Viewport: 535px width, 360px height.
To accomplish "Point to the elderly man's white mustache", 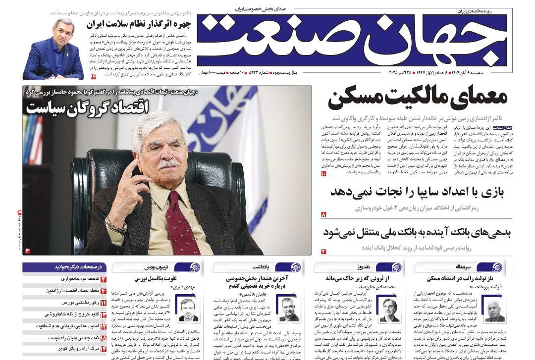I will (x=168, y=164).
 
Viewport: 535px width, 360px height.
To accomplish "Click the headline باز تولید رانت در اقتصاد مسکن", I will (x=460, y=278).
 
